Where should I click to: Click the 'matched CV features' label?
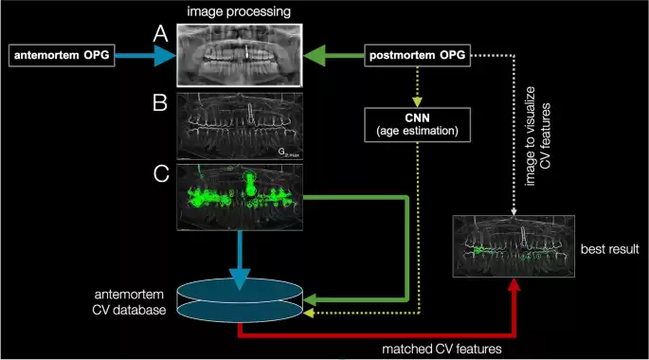coord(441,349)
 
